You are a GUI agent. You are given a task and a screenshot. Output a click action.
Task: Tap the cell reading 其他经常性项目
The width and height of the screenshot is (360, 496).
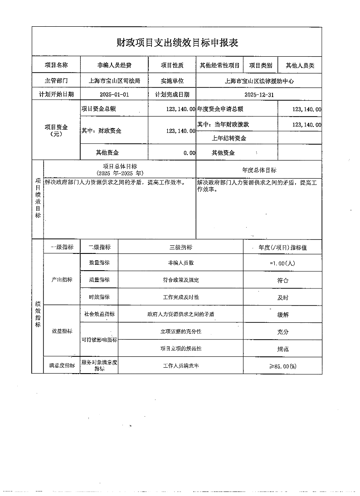pyautogui.click(x=219, y=65)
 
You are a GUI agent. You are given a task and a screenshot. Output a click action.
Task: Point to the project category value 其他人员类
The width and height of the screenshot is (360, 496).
pyautogui.click(x=300, y=65)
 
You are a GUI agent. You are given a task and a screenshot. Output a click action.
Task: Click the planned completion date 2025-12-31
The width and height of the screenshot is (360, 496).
pyautogui.click(x=259, y=95)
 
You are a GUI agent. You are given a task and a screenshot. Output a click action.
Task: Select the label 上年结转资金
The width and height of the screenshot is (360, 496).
pyautogui.click(x=229, y=138)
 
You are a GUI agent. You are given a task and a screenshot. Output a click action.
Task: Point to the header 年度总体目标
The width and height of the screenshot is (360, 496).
pyautogui.click(x=259, y=170)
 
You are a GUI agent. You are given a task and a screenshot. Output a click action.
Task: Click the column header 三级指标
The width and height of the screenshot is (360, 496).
pyautogui.click(x=180, y=248)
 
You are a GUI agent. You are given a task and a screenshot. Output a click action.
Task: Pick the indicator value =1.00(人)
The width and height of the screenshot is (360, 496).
pyautogui.click(x=282, y=263)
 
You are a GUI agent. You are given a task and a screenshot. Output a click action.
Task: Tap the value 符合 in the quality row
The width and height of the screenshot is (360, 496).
pyautogui.click(x=282, y=280)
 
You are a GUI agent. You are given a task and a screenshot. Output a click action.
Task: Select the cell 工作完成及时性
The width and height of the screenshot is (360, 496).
pyautogui.click(x=180, y=297)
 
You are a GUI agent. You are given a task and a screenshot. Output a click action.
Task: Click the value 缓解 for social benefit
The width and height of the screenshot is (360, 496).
pyautogui.click(x=282, y=314)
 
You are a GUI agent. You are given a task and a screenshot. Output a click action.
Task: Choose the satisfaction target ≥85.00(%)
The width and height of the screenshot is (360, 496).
pyautogui.click(x=282, y=366)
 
